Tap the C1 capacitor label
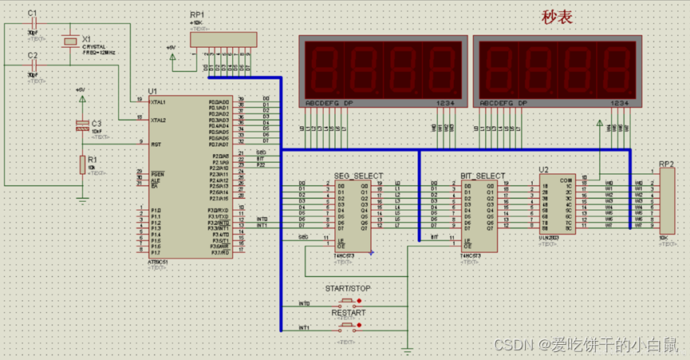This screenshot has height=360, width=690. pyautogui.click(x=32, y=13)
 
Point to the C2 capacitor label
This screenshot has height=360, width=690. pyautogui.click(x=33, y=55)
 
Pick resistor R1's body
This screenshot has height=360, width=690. pyautogui.click(x=82, y=164)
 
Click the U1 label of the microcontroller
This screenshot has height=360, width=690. pyautogui.click(x=152, y=91)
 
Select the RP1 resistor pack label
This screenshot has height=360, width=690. pyautogui.click(x=197, y=14)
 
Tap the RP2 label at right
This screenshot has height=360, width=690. pyautogui.click(x=666, y=164)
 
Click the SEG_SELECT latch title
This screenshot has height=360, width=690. pyautogui.click(x=358, y=176)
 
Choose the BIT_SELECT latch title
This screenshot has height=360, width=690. pyautogui.click(x=483, y=176)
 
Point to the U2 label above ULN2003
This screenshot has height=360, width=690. pyautogui.click(x=544, y=169)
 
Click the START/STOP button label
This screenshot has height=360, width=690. pyautogui.click(x=347, y=287)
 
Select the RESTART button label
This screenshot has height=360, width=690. pyautogui.click(x=348, y=313)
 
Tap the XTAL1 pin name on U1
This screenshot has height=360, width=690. pyautogui.click(x=159, y=102)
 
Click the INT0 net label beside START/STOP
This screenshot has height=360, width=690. pyautogui.click(x=304, y=303)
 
